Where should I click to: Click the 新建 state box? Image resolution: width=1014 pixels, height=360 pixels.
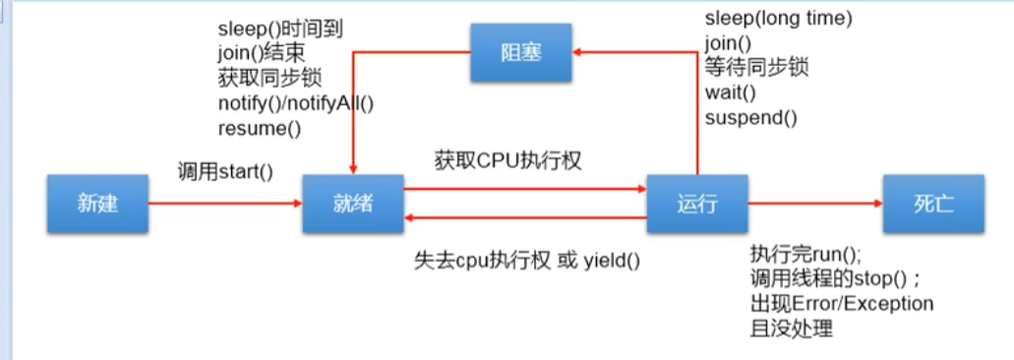98,204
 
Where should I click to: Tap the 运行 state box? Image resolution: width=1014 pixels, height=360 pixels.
696,204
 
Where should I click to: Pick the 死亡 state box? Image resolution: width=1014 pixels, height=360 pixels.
932,204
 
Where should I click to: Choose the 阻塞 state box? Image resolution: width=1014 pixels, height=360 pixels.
519,52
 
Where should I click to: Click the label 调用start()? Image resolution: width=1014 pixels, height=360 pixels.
225,171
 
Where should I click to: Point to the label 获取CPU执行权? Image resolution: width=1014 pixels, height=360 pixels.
507,159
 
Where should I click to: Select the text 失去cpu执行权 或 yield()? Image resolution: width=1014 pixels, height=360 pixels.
526,261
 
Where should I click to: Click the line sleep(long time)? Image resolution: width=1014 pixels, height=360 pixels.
778,19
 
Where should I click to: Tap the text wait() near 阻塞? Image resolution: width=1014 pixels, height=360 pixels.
730,93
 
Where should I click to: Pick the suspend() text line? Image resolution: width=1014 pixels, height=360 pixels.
750,118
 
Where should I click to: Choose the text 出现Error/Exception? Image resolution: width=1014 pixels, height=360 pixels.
842,303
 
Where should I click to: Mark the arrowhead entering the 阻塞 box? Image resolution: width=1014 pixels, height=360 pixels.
579,52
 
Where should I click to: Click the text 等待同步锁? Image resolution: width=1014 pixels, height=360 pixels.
757,68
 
